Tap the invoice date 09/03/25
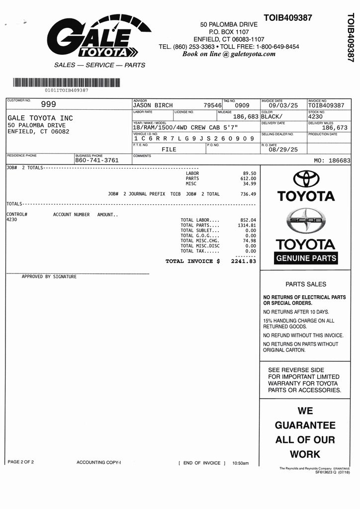click(283, 105)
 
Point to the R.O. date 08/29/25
click(283, 149)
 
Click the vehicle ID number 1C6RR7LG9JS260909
click(194, 138)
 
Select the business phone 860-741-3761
click(96, 161)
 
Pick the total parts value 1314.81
click(247, 225)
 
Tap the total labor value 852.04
click(248, 220)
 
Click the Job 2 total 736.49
click(248, 194)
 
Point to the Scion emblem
click(305, 221)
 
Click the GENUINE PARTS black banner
click(306, 258)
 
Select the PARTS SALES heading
click(306, 284)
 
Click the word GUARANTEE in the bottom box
click(305, 425)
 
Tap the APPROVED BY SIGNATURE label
click(49, 277)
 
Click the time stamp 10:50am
click(240, 463)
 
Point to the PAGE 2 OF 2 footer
click(21, 462)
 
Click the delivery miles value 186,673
click(335, 128)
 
